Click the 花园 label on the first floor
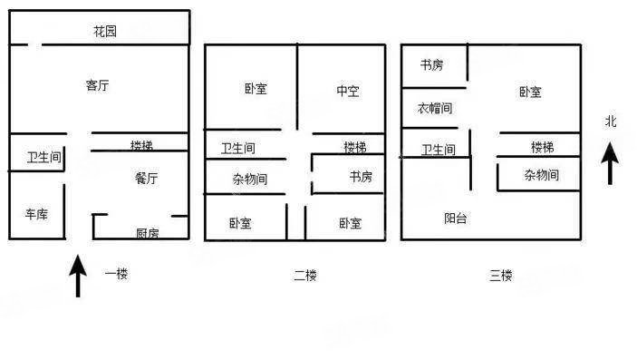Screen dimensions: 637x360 coord(105,32)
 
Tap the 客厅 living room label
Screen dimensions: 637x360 coord(98,85)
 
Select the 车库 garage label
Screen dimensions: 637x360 coord(36,214)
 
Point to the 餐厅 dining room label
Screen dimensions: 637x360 coord(146,178)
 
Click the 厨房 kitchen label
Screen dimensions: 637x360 coord(148,233)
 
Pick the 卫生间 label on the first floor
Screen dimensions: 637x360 coord(43,158)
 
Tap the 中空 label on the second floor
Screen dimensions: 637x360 coord(348,91)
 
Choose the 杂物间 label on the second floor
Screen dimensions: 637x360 coord(249,179)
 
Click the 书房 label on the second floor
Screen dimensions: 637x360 coord(361,177)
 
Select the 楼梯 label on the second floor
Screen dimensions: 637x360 coord(354,147)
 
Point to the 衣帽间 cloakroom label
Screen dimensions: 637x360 coord(435,108)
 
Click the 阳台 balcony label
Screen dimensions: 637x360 coord(456,218)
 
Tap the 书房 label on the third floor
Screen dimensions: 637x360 coord(431,65)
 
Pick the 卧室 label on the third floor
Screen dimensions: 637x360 coord(530,92)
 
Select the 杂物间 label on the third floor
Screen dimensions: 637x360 coord(541,175)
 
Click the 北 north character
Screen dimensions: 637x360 coord(611,121)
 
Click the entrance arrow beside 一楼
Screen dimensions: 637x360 coord(79,277)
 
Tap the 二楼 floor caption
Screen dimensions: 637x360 coord(305,276)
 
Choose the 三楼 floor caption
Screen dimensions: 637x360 coord(501,276)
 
